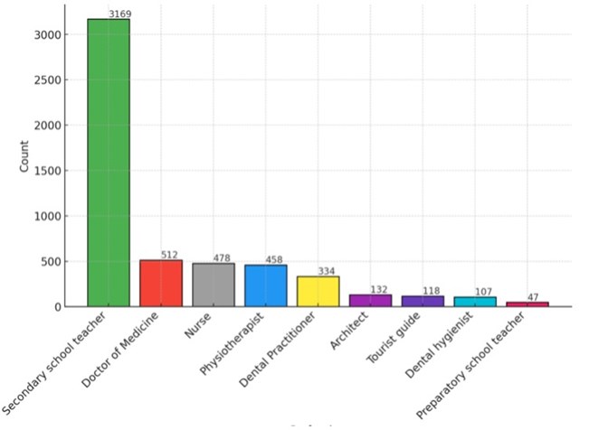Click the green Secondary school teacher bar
coord(109,163)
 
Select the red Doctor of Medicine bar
coord(161,284)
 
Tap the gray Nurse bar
coord(214,285)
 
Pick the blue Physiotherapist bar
coord(266,286)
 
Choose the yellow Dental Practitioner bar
coord(318,292)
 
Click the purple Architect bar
coord(370,301)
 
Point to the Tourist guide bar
coord(423,302)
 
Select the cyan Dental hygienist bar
coord(475,302)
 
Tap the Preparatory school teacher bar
coord(527,304)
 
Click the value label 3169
coord(119,14)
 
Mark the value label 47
coord(534,296)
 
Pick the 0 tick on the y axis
coord(55,307)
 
